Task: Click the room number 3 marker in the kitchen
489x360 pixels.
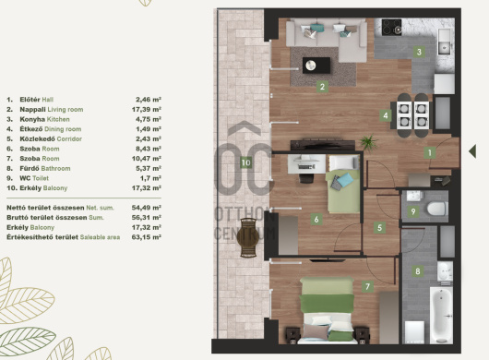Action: click(x=419, y=52)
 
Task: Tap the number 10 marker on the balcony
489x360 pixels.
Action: click(x=245, y=162)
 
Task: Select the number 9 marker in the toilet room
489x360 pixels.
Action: click(x=413, y=211)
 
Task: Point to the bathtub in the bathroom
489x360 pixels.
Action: click(x=441, y=315)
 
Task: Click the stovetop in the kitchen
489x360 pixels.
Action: click(x=392, y=27)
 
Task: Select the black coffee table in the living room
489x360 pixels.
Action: click(x=316, y=66)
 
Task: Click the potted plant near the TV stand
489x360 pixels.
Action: click(x=369, y=143)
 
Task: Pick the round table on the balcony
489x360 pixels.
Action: click(x=248, y=237)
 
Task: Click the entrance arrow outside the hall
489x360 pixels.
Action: click(x=472, y=151)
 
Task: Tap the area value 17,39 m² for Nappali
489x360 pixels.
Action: click(x=147, y=110)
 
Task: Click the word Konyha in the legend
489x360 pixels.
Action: click(x=32, y=119)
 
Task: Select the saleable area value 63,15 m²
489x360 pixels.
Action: click(x=147, y=237)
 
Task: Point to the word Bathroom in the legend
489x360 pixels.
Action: click(x=56, y=168)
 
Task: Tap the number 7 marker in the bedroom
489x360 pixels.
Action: click(x=368, y=286)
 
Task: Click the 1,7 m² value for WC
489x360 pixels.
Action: click(x=150, y=178)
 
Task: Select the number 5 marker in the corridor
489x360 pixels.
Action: click(x=379, y=227)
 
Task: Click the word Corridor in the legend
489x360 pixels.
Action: click(x=69, y=138)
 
